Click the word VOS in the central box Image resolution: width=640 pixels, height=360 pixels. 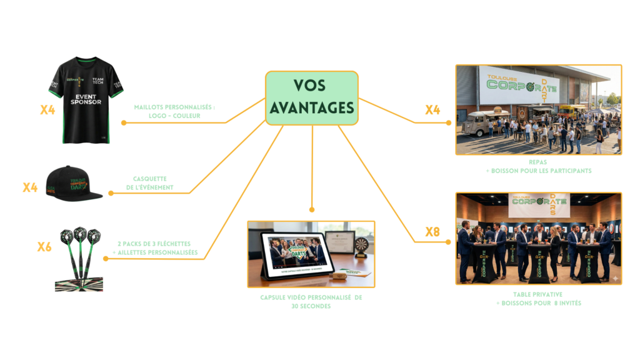pos(311,86)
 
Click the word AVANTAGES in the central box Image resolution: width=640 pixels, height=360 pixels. pos(311,107)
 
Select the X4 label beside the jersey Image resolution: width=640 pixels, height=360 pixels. pos(47,110)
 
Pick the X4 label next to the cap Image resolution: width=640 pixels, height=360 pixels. pos(30,187)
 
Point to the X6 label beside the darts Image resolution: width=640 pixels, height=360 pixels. pos(44,247)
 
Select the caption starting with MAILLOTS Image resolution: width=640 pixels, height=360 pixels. pos(174,111)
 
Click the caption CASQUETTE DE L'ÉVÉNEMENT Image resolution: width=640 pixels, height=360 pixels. pos(153,182)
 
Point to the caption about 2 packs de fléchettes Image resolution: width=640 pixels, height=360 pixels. pos(157,247)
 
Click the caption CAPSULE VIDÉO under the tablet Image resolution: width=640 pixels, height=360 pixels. pos(311,302)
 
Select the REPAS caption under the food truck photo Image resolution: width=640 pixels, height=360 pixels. pos(538,166)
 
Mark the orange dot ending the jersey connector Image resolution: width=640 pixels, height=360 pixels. pos(124,122)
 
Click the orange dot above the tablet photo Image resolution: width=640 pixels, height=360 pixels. pos(311,210)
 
